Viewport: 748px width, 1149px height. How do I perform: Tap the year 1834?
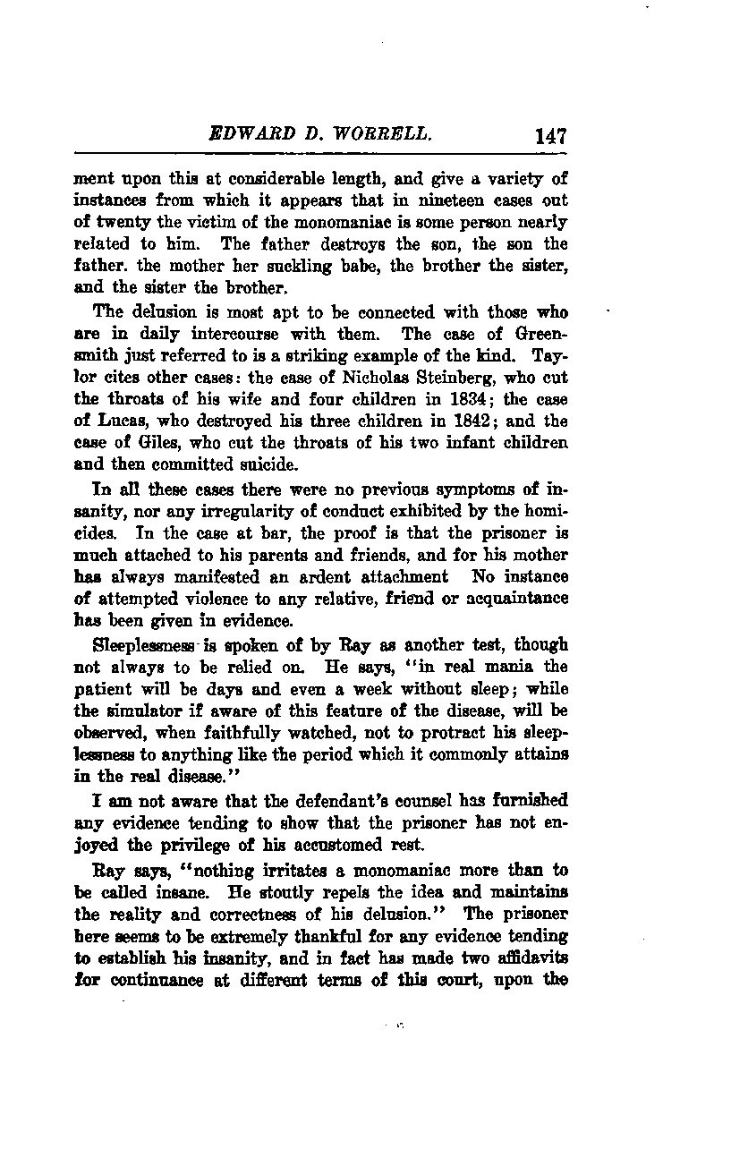tap(447, 398)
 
